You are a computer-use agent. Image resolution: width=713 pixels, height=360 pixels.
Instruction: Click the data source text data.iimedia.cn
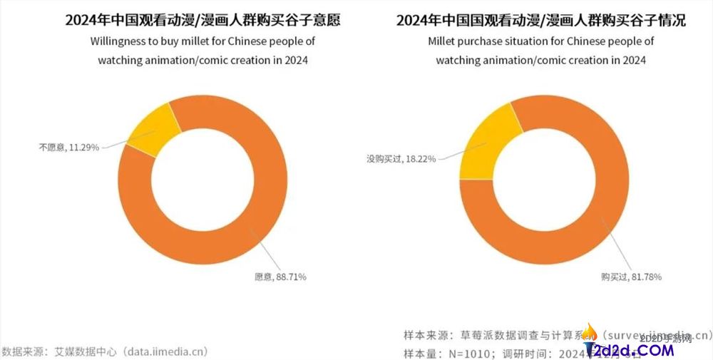coord(165,351)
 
